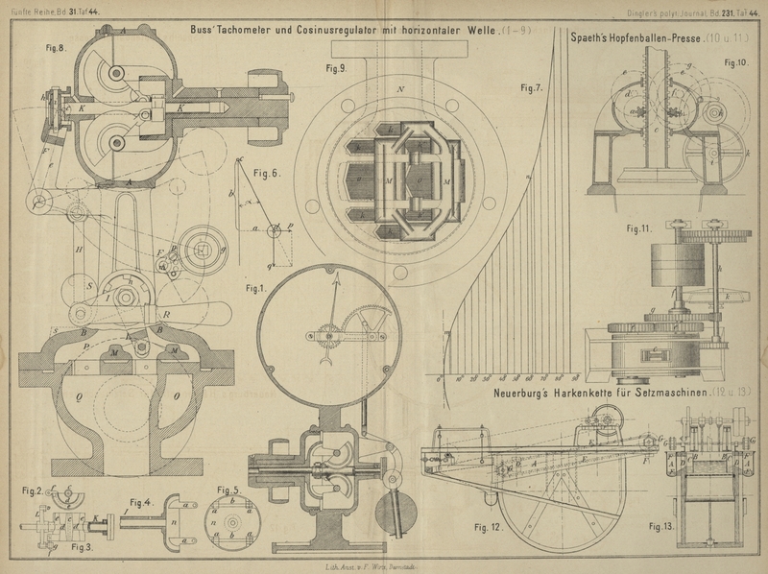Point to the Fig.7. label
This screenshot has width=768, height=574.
click(x=532, y=88)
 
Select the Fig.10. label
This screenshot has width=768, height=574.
click(x=736, y=63)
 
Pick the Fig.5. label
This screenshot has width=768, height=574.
click(x=227, y=490)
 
